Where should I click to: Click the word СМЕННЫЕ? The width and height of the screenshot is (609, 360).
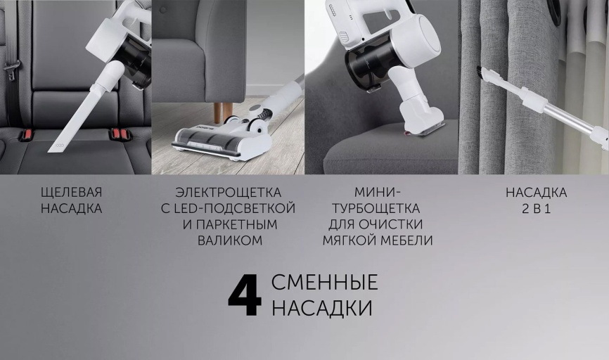324,283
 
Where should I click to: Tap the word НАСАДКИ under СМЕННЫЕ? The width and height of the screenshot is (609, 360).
321,309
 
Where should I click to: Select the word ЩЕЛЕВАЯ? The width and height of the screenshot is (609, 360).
71,193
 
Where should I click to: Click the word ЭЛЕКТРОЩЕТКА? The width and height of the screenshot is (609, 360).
229,193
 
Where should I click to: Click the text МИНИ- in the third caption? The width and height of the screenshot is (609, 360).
377,193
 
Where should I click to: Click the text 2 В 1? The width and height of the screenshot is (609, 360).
536,209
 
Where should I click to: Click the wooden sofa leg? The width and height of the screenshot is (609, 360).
223,111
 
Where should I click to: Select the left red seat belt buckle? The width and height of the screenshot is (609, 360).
27,134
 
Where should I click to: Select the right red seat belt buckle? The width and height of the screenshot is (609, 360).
117,133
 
